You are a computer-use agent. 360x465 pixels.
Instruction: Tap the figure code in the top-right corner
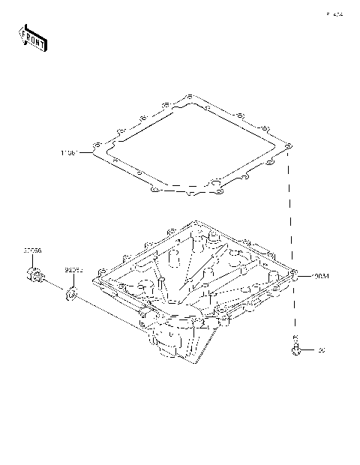click(333, 14)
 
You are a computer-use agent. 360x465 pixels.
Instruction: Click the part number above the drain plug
click(32, 250)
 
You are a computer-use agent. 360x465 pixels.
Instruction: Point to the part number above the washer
click(73, 268)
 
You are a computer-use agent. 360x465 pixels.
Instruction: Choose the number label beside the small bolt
click(321, 350)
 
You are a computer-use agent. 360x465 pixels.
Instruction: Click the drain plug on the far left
click(33, 277)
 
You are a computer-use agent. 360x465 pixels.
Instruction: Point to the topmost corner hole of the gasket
click(190, 97)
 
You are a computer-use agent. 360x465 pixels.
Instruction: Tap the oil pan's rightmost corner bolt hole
click(294, 274)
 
